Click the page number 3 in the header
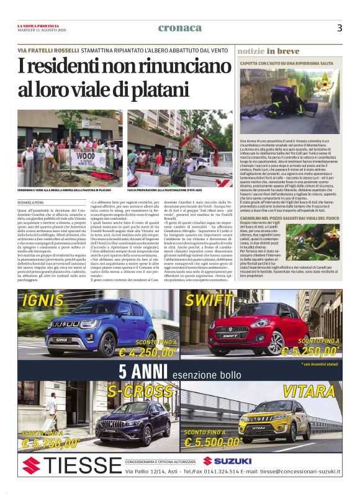340,28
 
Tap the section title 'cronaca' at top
180,27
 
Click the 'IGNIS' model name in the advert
47,302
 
